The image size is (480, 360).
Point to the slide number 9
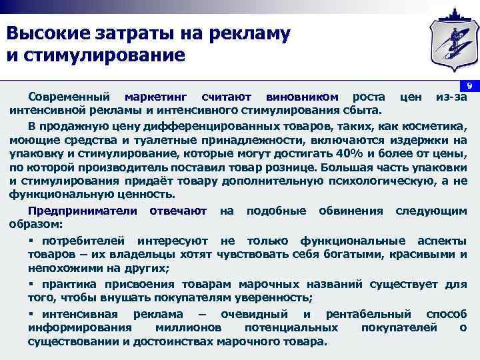point(469,87)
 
